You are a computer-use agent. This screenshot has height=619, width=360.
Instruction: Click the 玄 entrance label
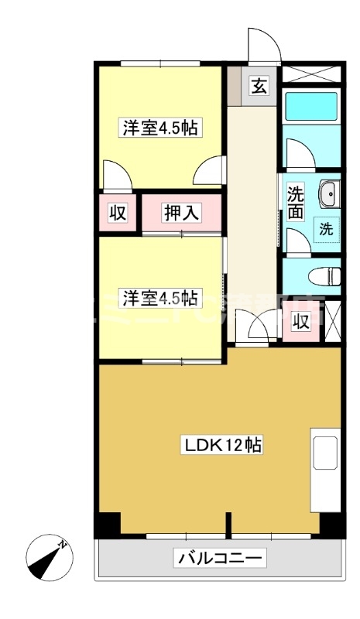tap(259, 86)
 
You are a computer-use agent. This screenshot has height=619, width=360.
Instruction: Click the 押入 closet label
tap(182, 212)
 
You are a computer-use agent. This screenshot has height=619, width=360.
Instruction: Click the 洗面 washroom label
tap(296, 200)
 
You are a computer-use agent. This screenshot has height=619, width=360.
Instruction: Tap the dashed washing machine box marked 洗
tap(326, 229)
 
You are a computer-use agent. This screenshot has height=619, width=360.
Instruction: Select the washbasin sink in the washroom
tap(328, 193)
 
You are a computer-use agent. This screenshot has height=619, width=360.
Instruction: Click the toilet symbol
tap(324, 275)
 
